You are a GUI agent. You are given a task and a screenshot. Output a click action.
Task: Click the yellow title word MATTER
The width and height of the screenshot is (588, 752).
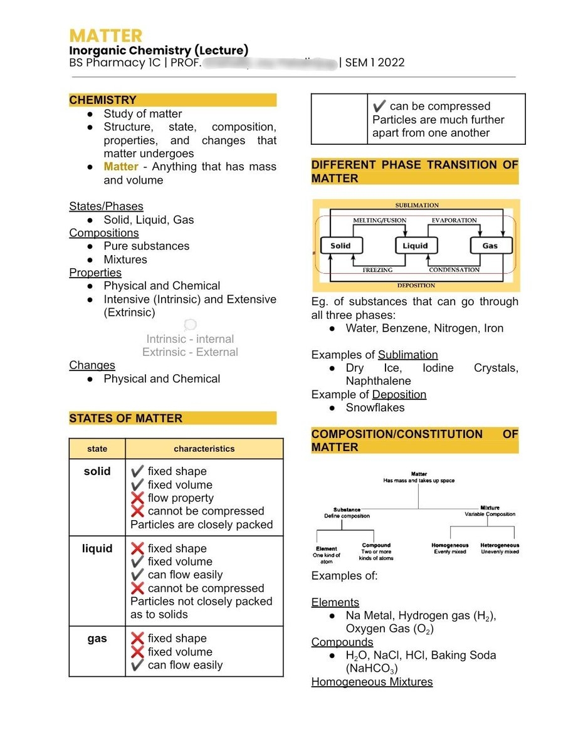pyautogui.click(x=106, y=35)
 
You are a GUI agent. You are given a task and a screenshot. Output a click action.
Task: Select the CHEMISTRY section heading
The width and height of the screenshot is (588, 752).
pyautogui.click(x=103, y=100)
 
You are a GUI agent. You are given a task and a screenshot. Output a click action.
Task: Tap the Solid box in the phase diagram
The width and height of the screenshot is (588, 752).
pyautogui.click(x=340, y=246)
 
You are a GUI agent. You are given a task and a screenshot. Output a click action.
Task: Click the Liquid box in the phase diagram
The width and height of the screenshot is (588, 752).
pyautogui.click(x=415, y=246)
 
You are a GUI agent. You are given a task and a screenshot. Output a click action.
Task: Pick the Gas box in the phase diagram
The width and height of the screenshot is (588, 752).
pyautogui.click(x=490, y=246)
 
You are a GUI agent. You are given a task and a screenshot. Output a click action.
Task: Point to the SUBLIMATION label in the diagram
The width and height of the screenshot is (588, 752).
pyautogui.click(x=417, y=206)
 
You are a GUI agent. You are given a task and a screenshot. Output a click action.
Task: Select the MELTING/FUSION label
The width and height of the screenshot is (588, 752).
pyautogui.click(x=379, y=221)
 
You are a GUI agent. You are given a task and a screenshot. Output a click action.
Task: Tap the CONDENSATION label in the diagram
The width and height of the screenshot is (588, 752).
pyautogui.click(x=454, y=270)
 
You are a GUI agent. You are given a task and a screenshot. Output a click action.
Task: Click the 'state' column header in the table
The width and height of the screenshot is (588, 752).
pyautogui.click(x=97, y=449)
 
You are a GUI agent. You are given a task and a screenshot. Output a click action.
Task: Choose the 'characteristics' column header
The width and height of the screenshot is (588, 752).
pyautogui.click(x=204, y=449)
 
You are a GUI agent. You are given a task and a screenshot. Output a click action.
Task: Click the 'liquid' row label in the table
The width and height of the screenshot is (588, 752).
pyautogui.click(x=97, y=548)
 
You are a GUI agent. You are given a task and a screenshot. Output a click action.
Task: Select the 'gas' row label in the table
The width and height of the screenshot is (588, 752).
pyautogui.click(x=97, y=639)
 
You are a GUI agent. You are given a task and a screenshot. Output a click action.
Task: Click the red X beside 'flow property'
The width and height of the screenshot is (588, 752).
pyautogui.click(x=137, y=498)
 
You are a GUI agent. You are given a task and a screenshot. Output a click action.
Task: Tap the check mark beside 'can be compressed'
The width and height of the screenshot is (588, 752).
pyautogui.click(x=379, y=107)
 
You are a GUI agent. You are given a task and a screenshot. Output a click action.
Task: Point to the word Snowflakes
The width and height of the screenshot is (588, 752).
pyautogui.click(x=375, y=407)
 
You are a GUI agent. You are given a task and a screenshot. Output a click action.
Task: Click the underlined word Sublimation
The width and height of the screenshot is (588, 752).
pyautogui.click(x=407, y=355)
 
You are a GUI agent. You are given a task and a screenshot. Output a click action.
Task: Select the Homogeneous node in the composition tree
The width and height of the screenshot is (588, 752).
pyautogui.click(x=449, y=545)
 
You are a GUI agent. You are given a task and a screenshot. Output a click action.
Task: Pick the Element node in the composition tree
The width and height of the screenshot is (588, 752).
pyautogui.click(x=326, y=548)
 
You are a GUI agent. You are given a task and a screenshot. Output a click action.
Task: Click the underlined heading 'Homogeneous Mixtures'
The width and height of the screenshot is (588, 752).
pyautogui.click(x=372, y=682)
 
